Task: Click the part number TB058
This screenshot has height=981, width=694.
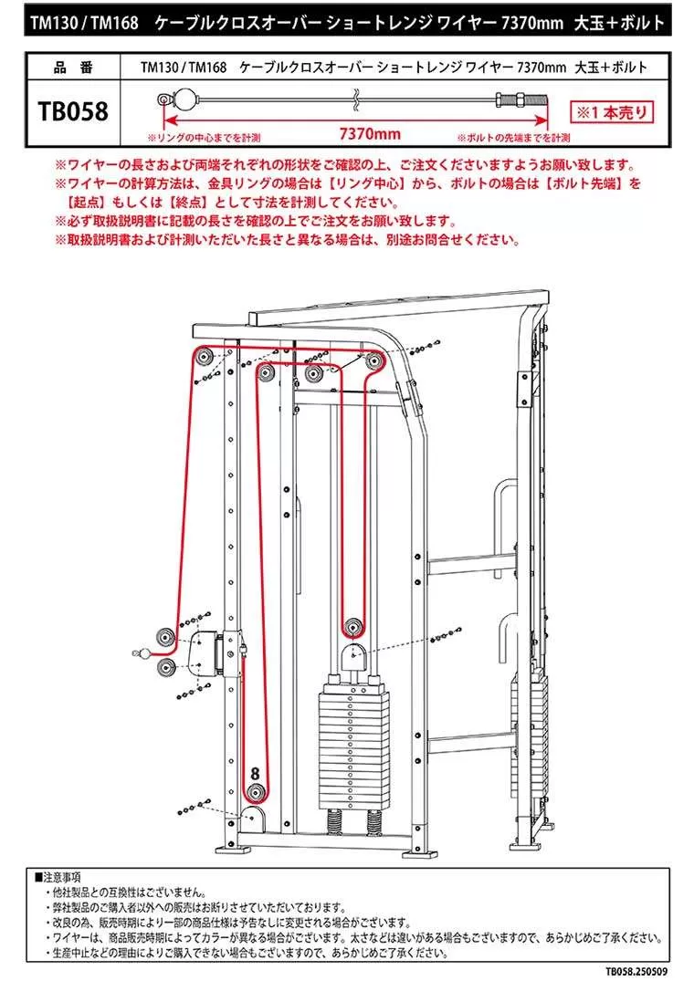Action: point(73,112)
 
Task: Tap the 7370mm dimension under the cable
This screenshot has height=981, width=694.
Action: point(369,134)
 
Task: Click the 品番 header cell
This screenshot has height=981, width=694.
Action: point(73,67)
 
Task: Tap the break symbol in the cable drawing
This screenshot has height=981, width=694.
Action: point(356,96)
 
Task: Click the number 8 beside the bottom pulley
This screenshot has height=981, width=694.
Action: point(256,773)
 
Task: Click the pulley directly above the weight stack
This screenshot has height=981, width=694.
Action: point(352,627)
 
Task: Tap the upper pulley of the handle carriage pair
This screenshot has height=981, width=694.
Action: point(166,636)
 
